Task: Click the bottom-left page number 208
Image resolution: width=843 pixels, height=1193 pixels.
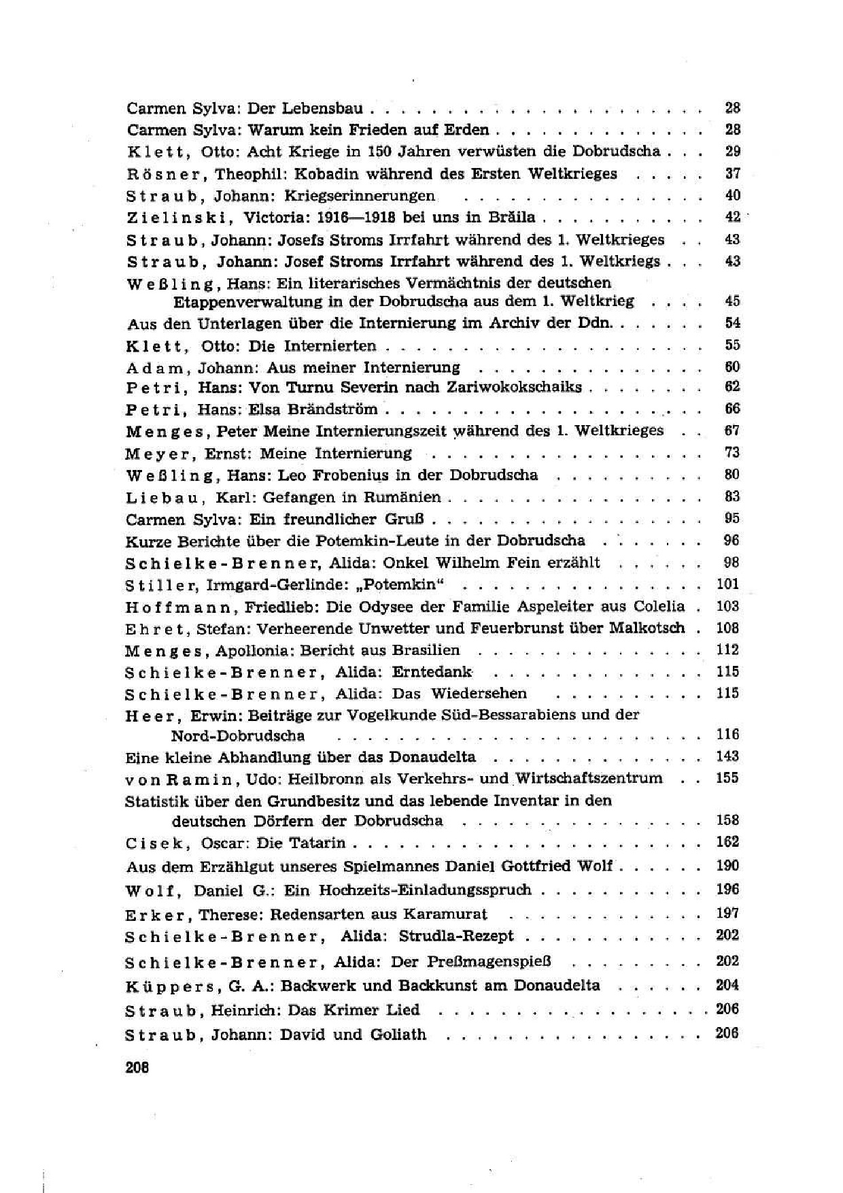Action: point(137,1067)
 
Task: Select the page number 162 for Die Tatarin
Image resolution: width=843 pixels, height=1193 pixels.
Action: point(727,842)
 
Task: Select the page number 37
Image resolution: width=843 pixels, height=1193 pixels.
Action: point(732,173)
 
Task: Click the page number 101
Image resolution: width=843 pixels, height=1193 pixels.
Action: point(727,584)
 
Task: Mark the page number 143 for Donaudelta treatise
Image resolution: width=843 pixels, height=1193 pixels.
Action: point(727,756)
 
